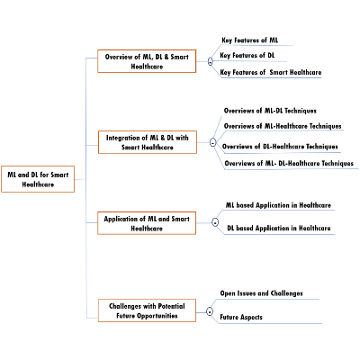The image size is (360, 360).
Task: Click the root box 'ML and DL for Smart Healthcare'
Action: tap(38, 180)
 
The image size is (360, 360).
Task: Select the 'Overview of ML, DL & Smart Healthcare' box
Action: tap(147, 61)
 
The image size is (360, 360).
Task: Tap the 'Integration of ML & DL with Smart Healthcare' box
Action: tap(148, 142)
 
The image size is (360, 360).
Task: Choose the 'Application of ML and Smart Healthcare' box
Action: tap(147, 223)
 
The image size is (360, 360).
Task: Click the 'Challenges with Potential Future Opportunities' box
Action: tap(147, 310)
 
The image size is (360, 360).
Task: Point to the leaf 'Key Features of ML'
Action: tap(249, 40)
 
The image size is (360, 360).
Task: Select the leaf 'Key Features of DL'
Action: tap(247, 56)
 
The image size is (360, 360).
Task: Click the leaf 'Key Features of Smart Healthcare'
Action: tap(270, 72)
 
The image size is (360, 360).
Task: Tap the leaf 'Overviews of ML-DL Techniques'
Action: tap(270, 110)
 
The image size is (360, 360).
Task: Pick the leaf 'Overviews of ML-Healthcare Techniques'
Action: tap(282, 127)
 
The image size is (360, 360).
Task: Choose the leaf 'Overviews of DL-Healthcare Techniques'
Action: tap(280, 146)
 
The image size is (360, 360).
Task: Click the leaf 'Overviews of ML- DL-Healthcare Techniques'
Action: tap(288, 164)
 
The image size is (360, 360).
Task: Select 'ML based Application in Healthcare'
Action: tap(278, 205)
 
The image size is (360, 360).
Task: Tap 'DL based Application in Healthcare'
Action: tap(278, 229)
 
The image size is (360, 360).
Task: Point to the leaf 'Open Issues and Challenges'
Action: tap(261, 293)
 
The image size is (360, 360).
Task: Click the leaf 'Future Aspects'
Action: tap(241, 317)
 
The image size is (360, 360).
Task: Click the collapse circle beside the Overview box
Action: tap(210, 61)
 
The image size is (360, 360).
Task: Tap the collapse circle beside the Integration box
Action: tap(212, 142)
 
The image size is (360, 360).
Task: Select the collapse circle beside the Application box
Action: tap(214, 221)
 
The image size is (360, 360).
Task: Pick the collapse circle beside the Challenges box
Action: tap(210, 311)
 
